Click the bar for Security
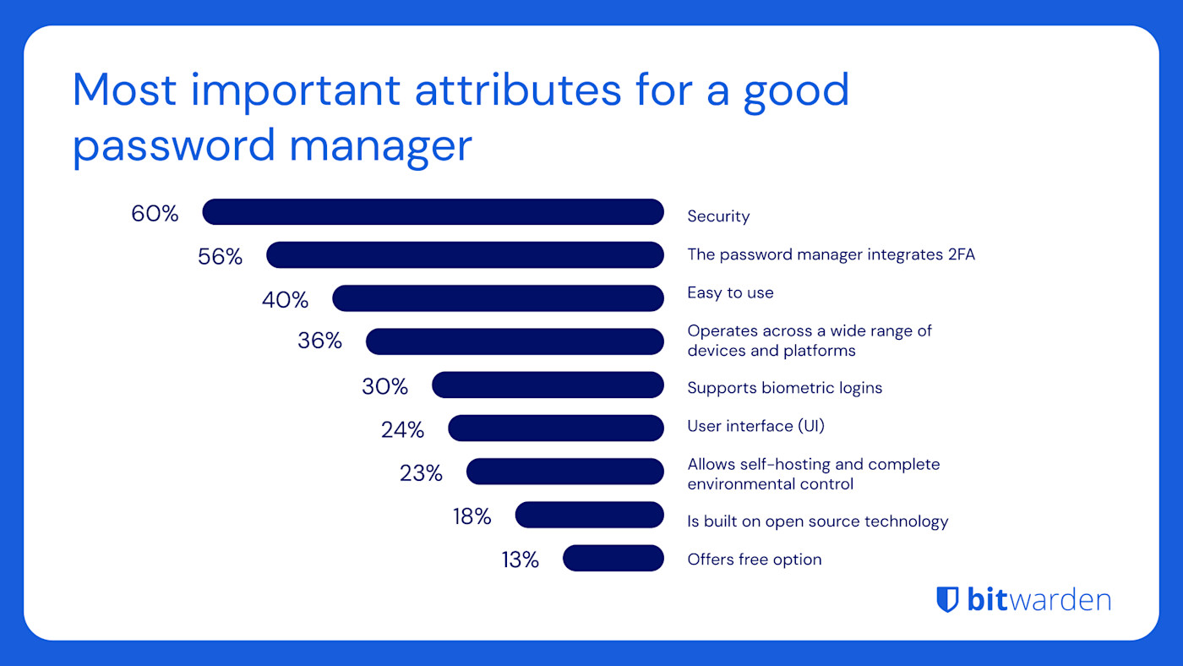tap(433, 212)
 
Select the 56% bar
tap(465, 255)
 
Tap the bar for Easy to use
tap(498, 298)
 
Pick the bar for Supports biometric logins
tap(548, 385)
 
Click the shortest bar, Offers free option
tap(613, 558)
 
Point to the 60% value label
tap(155, 214)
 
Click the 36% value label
tap(319, 341)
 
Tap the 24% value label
tap(402, 429)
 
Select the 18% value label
tap(472, 516)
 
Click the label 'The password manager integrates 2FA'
tap(831, 254)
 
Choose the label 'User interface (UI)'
tap(755, 426)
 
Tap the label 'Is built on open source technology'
tap(817, 521)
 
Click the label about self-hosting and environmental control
tap(813, 474)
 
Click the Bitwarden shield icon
tap(947, 599)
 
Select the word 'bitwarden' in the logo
tap(1039, 599)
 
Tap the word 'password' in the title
tap(172, 145)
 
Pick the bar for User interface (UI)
tap(556, 428)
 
